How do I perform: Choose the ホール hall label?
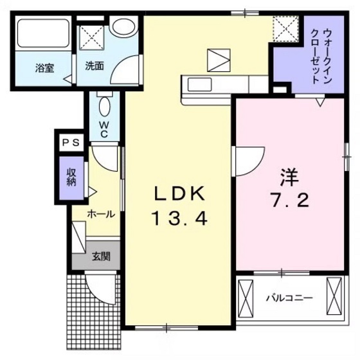click(101, 214)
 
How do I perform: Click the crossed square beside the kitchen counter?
click(217, 60)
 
